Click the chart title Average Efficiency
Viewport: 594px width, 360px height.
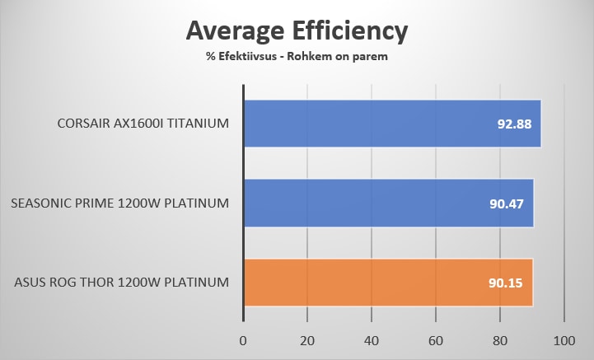tap(297, 31)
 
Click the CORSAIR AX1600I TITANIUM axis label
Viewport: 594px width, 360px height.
tap(142, 124)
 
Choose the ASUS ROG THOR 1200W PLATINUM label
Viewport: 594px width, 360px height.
tap(121, 283)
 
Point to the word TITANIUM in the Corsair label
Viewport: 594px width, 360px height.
tap(195, 124)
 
